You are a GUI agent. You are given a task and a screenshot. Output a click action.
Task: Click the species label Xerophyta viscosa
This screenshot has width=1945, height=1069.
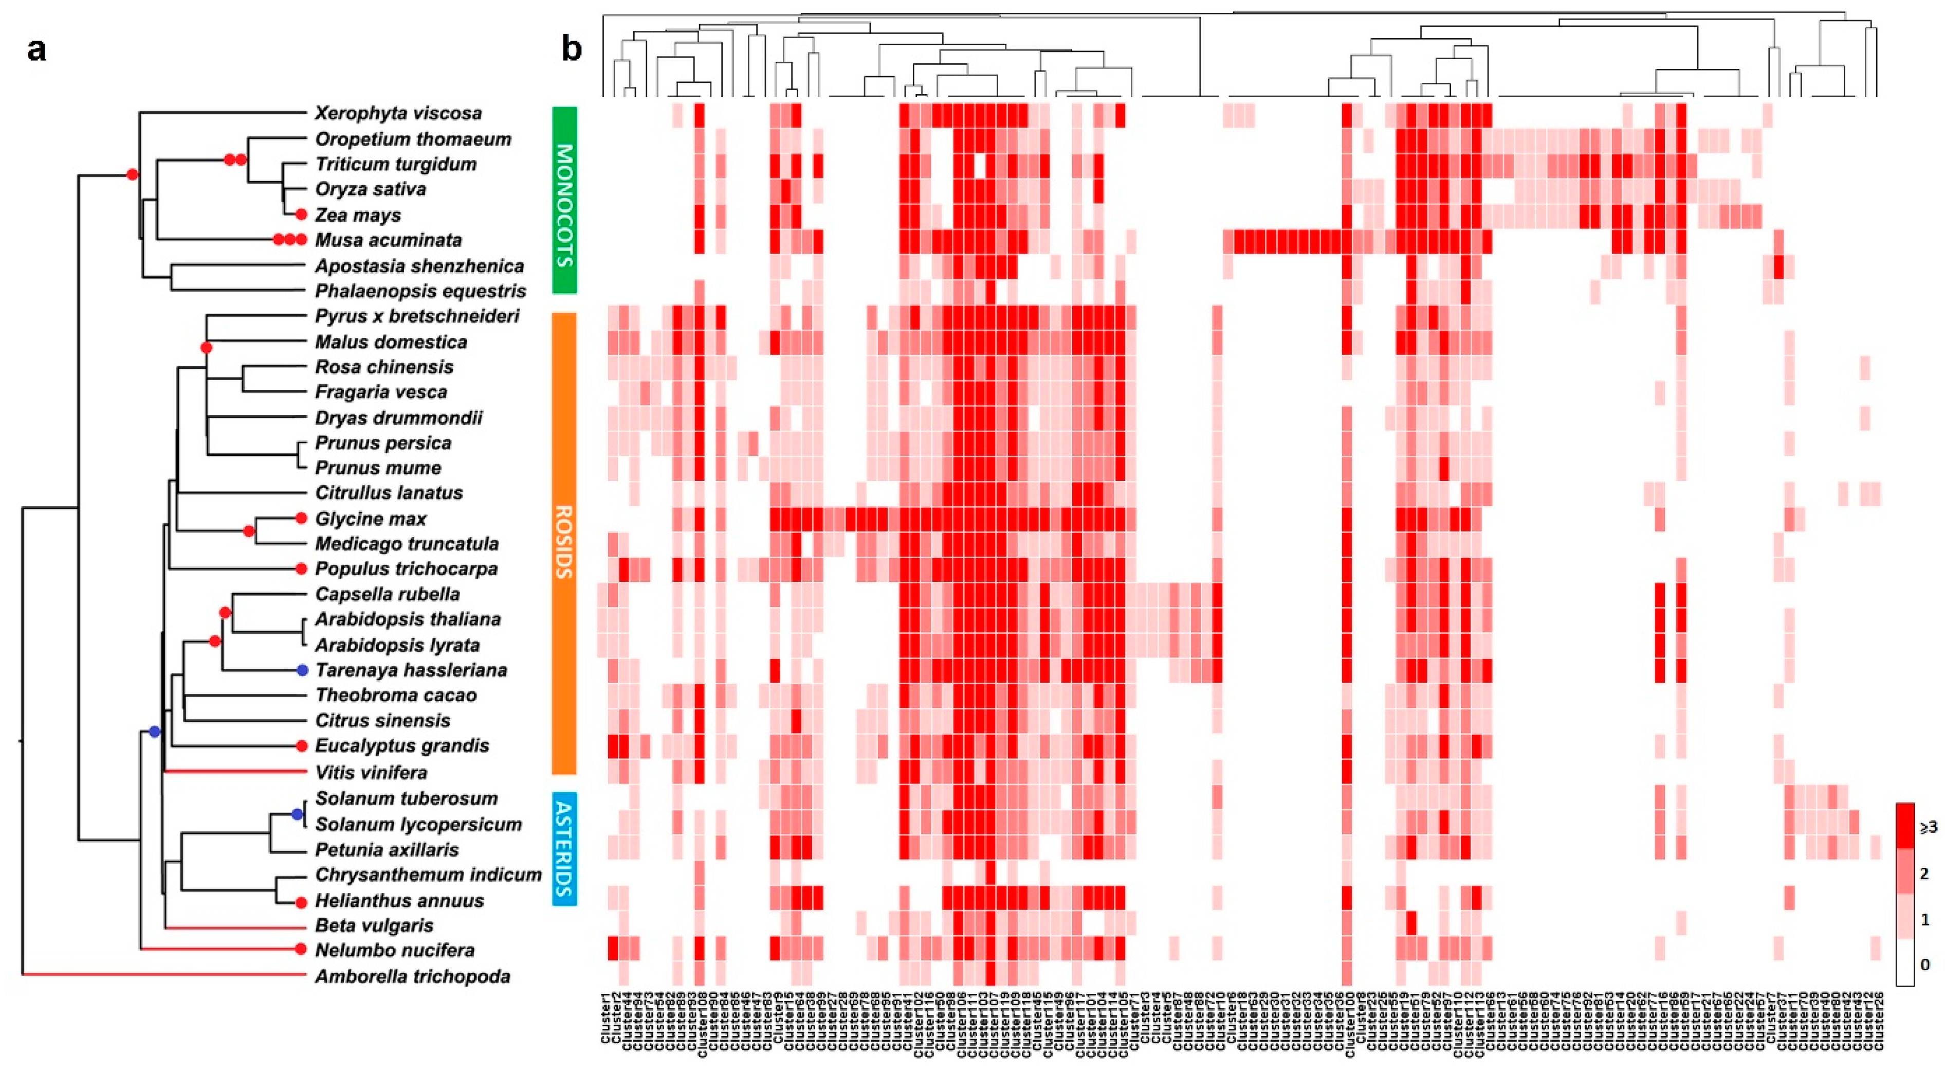(398, 113)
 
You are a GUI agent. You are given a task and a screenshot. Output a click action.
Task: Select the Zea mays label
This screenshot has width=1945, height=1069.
(357, 216)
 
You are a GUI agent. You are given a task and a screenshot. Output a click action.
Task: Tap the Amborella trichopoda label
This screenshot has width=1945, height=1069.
(412, 977)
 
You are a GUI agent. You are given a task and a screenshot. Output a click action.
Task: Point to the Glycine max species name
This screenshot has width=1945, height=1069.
(371, 519)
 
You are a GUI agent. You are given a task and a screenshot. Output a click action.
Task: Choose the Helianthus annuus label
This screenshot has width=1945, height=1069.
(399, 901)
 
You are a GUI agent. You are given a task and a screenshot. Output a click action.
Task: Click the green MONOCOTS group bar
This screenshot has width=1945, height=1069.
(564, 200)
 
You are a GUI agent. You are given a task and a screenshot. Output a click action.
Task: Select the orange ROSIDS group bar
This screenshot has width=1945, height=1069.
(564, 543)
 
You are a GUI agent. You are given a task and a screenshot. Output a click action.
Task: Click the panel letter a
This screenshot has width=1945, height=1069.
(36, 50)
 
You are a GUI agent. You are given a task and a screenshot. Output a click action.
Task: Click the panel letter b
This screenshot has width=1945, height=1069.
(572, 50)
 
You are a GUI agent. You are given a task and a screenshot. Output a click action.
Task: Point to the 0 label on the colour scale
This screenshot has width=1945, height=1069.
(1924, 965)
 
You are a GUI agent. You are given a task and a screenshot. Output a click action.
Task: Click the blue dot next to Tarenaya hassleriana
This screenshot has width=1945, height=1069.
(302, 670)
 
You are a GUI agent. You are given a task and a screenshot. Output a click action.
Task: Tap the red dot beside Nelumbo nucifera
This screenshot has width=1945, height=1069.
(301, 949)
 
